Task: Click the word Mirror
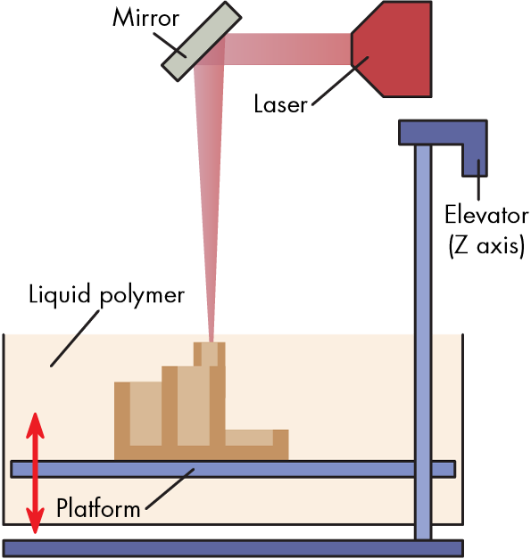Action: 145,17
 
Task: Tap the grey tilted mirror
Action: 202,41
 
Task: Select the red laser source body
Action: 392,49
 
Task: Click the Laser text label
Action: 280,104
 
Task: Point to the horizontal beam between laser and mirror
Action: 287,49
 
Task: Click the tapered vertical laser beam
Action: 210,200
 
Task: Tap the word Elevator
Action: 486,215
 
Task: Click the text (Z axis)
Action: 486,246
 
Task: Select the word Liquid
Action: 59,295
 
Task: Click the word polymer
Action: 142,297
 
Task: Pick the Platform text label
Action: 98,507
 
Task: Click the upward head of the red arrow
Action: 35,425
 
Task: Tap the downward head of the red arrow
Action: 35,522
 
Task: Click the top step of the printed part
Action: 210,354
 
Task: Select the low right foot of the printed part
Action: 257,445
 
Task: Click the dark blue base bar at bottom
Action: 233,548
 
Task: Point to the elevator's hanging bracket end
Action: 475,160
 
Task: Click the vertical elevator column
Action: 423,342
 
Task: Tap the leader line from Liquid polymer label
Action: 75,338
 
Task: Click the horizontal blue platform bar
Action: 233,469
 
